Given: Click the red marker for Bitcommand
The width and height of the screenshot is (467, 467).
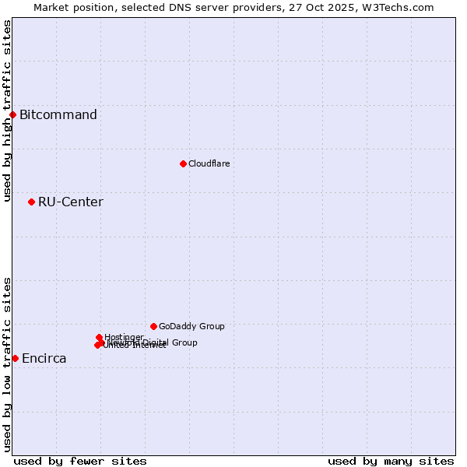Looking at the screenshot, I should tap(12, 115).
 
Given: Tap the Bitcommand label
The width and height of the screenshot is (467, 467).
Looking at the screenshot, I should tap(58, 115).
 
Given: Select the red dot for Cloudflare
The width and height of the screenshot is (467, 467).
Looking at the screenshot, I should tap(183, 163).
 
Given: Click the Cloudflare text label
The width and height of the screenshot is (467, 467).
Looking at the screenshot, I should tap(209, 163).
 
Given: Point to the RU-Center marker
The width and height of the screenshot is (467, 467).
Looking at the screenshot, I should tap(31, 202).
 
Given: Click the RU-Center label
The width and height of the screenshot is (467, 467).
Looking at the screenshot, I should tap(70, 202).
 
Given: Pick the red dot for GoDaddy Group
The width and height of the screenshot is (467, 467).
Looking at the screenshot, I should tap(153, 326).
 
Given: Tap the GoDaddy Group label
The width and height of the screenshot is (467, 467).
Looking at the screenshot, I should tap(191, 326).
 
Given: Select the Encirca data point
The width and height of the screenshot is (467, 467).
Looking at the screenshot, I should tap(15, 358).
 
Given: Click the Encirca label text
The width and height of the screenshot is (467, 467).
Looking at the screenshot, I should tap(44, 359).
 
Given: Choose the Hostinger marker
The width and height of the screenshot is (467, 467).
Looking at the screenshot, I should tap(99, 337).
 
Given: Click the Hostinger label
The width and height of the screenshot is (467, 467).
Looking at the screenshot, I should tap(124, 337).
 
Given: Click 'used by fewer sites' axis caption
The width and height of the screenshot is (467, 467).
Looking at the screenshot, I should tap(80, 461).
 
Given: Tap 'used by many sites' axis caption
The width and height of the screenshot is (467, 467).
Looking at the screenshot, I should tap(391, 461).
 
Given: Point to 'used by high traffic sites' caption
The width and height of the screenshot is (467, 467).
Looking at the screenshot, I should tap(7, 111).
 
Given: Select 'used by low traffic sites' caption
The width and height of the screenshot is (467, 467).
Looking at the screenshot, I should tap(7, 364).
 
